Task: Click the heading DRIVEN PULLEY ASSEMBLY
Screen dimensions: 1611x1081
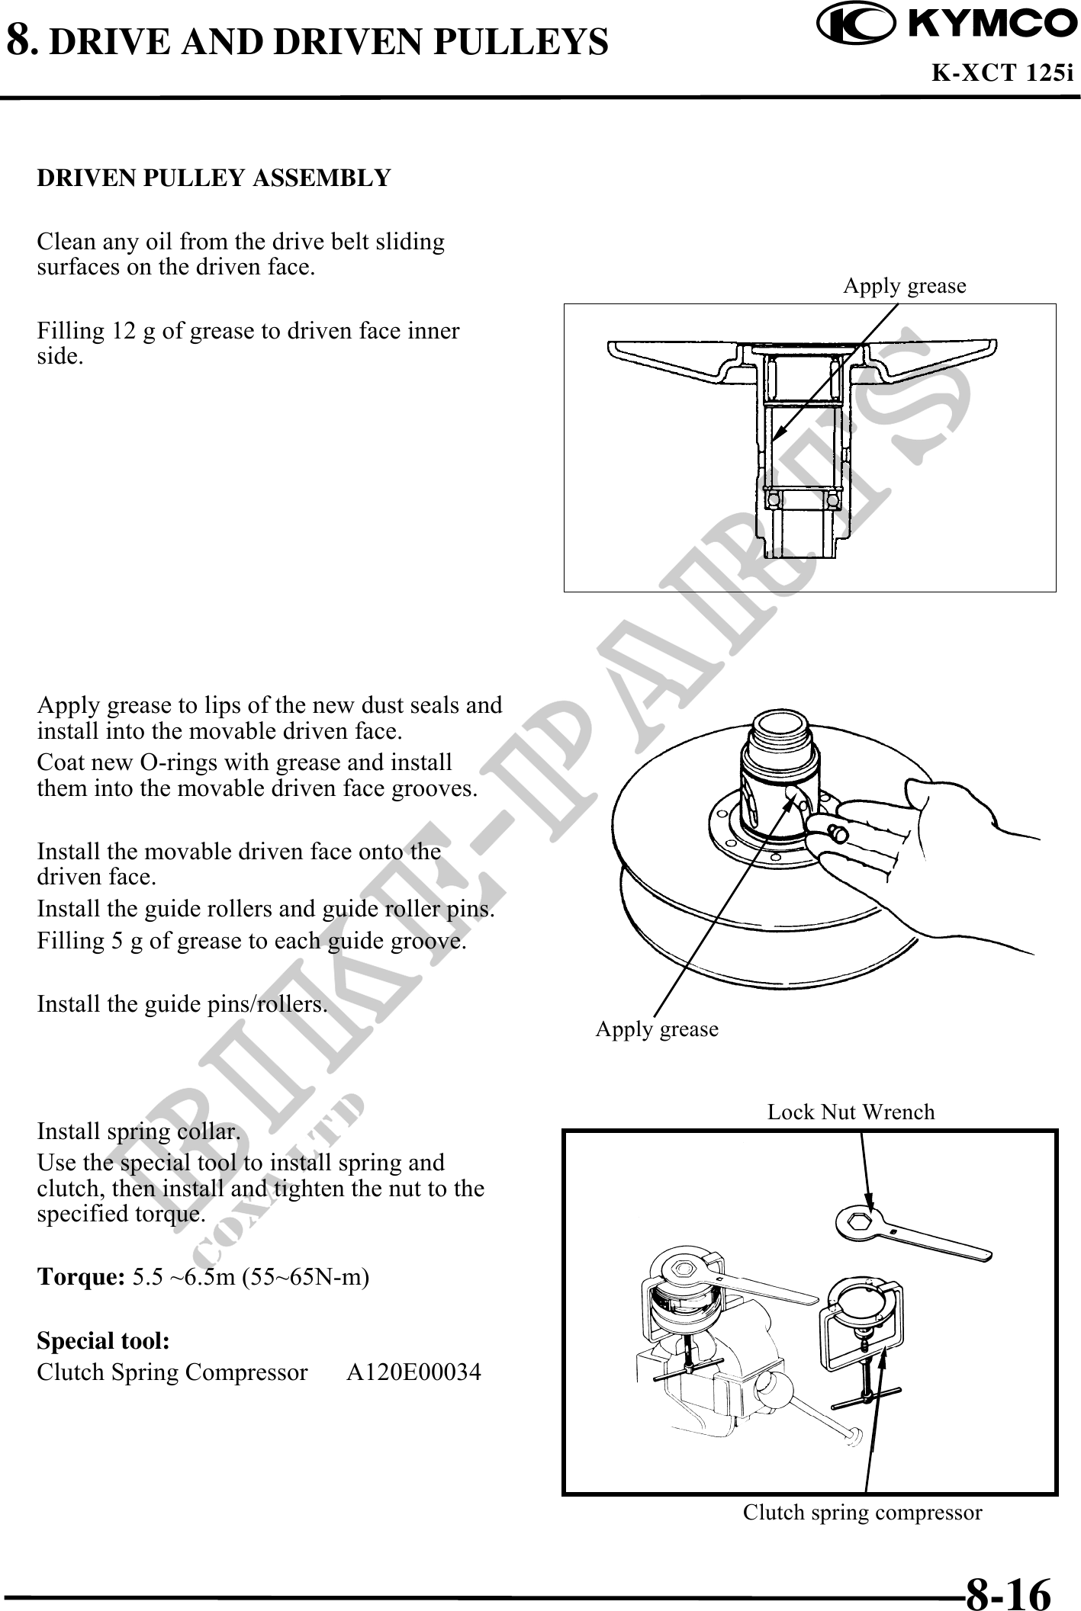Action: click(x=214, y=178)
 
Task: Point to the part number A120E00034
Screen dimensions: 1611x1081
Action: click(x=413, y=1372)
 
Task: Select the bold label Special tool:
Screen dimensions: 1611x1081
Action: click(x=103, y=1340)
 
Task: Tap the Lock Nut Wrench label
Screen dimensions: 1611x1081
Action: click(x=851, y=1112)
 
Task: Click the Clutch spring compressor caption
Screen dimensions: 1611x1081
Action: click(x=862, y=1512)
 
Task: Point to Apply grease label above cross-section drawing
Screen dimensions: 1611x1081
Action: click(x=904, y=286)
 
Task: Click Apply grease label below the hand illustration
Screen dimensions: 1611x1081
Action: click(x=657, y=1029)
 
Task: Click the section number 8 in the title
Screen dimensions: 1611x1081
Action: click(x=20, y=40)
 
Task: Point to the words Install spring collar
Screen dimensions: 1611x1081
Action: click(x=139, y=1132)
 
